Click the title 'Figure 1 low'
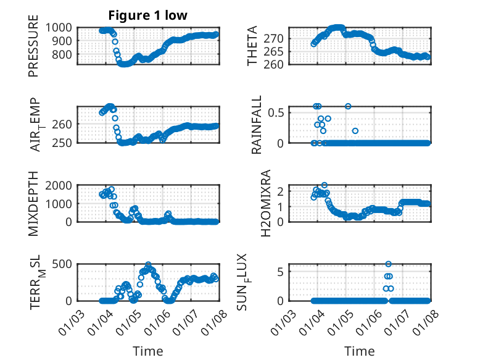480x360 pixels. (x=148, y=15)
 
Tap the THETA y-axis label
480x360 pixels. (x=253, y=47)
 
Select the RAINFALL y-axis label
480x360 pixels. (x=257, y=124)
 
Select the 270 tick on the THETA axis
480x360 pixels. (x=277, y=38)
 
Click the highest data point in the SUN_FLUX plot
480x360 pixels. (x=388, y=264)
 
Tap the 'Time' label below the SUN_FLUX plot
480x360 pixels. (x=360, y=351)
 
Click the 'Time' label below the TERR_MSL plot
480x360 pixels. (x=148, y=351)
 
